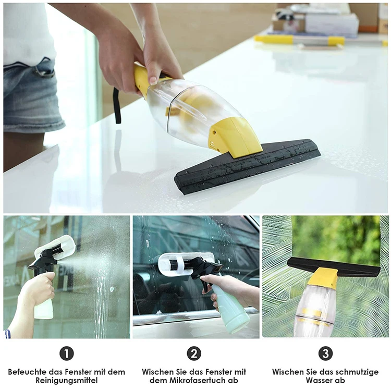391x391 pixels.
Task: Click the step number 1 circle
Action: tap(66, 353)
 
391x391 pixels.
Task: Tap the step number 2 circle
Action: tap(194, 353)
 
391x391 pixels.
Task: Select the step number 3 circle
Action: tap(325, 353)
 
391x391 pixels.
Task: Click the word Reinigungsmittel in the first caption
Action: tap(66, 381)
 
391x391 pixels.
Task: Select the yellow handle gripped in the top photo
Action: tap(142, 78)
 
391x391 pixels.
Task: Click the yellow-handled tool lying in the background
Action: tap(300, 40)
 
